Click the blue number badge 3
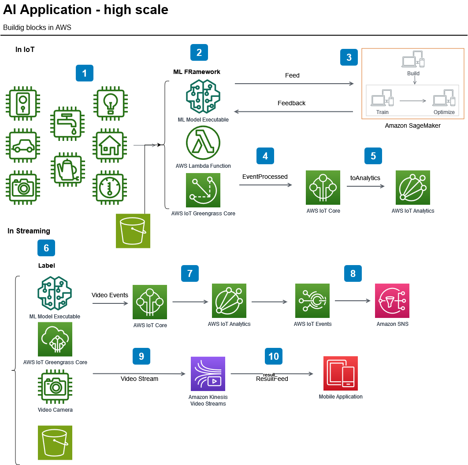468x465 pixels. coord(349,57)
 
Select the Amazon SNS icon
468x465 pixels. coord(392,301)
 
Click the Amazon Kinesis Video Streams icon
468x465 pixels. coord(208,374)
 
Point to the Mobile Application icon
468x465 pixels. coord(341,373)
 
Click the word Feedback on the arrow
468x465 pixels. coord(291,103)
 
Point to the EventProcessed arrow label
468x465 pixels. coord(265,177)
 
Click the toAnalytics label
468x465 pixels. coord(365,178)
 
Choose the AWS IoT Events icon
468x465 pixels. coord(312,301)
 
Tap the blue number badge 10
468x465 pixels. coord(274,356)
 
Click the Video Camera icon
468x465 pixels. coord(55,387)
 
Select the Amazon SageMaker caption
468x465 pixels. coord(412,125)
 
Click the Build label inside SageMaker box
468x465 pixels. coord(413,74)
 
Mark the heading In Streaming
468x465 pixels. coord(29,231)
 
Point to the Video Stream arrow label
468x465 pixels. coord(139,379)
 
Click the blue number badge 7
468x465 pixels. coord(190,273)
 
